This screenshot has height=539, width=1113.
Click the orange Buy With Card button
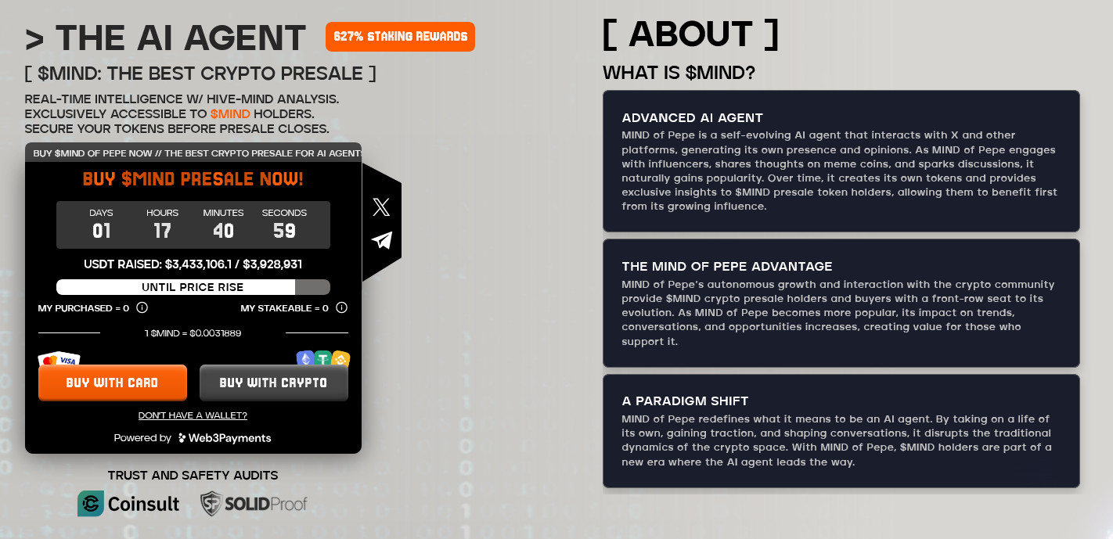coord(113,383)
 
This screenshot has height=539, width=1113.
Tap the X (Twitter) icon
coord(381,207)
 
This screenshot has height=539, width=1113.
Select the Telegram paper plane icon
coord(381,240)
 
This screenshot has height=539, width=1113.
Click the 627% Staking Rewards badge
coord(400,37)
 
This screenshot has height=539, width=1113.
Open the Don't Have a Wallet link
coord(193,415)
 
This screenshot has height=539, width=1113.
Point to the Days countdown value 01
coord(102,231)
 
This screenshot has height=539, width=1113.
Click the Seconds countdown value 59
coord(284,231)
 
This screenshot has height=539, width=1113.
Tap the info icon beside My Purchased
coord(142,307)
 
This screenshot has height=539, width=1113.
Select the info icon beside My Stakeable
coord(341,307)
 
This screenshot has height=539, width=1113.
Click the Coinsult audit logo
coord(129,504)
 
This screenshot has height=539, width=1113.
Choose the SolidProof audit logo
coord(254,504)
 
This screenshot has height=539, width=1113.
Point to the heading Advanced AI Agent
coord(692,118)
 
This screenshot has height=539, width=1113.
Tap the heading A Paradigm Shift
coord(685,401)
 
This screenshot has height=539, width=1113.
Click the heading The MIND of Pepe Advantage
coord(727,267)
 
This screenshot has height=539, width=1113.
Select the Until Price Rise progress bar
coord(193,287)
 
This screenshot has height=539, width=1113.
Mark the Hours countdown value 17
coord(162,231)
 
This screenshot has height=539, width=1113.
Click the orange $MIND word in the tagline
coord(230,114)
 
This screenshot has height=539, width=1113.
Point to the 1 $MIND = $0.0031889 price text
coord(193,333)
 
